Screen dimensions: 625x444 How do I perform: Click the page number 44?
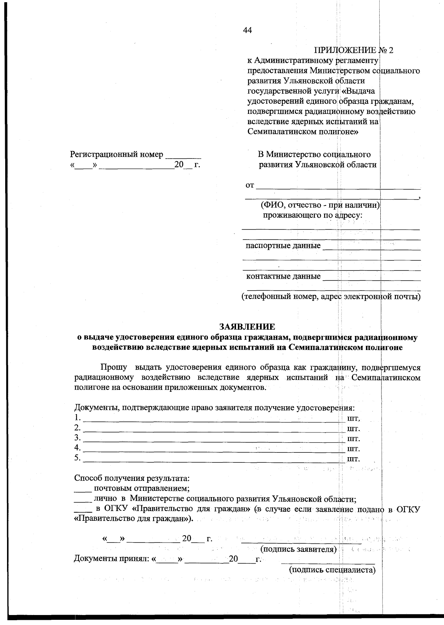(x=248, y=31)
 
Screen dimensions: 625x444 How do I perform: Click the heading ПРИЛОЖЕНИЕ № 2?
(x=353, y=50)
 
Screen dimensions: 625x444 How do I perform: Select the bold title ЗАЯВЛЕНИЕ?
(x=247, y=327)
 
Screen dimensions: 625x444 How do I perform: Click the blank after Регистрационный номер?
(x=183, y=156)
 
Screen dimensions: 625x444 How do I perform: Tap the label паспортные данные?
(x=283, y=246)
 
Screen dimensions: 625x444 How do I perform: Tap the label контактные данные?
(x=283, y=276)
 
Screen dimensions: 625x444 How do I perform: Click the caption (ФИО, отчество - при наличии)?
(x=320, y=205)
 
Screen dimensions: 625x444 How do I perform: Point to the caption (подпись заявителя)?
(x=299, y=549)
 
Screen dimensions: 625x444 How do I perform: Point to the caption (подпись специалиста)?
(x=332, y=570)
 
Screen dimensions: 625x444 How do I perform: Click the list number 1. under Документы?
(x=77, y=418)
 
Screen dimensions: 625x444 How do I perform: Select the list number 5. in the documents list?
(x=77, y=458)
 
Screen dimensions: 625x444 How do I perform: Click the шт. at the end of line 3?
(x=353, y=439)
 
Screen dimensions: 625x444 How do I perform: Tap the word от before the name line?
(x=250, y=186)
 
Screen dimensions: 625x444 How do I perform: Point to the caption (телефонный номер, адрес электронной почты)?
(x=330, y=297)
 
